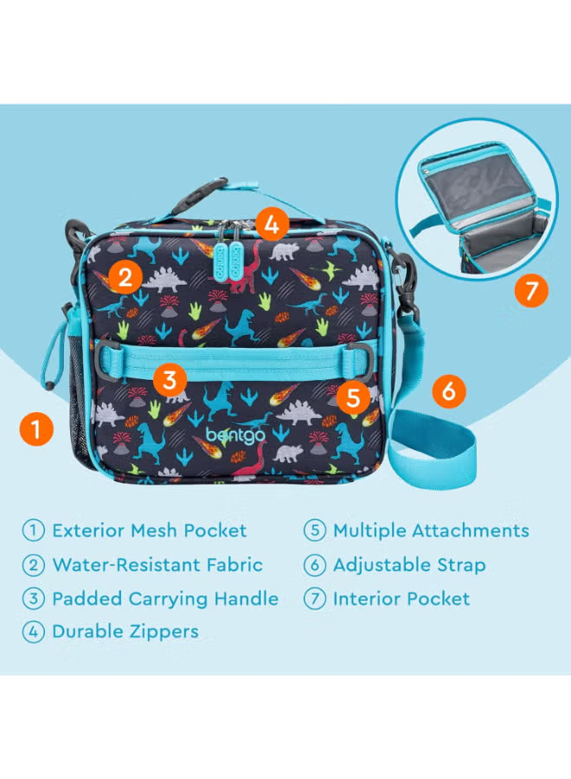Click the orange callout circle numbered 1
[35, 428]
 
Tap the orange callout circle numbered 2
[126, 277]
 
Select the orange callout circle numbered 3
[170, 378]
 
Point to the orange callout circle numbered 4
[272, 225]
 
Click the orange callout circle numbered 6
[447, 390]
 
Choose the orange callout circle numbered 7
[531, 289]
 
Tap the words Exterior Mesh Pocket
[149, 531]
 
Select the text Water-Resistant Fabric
[157, 565]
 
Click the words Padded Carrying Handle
[164, 598]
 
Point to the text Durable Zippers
[125, 632]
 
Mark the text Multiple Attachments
[430, 531]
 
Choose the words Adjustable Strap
[408, 565]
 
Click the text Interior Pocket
[401, 598]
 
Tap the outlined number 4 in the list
[34, 632]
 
